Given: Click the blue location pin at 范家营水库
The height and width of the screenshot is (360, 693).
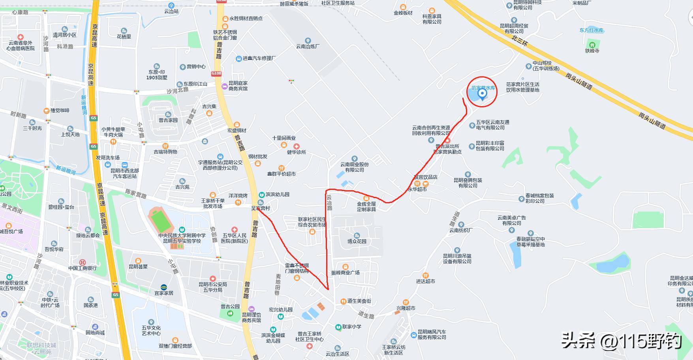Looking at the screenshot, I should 482,94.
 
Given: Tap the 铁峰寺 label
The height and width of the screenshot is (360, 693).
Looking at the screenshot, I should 592,51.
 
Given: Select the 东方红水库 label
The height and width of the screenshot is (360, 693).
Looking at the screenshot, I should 591,30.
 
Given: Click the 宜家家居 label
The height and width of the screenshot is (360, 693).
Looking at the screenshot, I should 164,293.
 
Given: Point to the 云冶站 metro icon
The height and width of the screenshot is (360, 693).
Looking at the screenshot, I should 171,6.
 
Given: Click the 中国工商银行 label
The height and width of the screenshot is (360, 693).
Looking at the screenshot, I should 82,268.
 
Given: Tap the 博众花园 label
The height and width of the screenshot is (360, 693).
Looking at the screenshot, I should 357,241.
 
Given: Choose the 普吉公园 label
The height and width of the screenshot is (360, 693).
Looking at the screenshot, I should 230,306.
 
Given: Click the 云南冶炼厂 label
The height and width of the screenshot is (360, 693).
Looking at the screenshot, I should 308,46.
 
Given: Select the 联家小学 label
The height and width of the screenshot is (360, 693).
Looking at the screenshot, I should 351,327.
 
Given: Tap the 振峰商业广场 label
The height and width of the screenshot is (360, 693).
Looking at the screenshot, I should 345,273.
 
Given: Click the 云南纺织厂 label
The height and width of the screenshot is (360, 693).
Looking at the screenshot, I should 461,230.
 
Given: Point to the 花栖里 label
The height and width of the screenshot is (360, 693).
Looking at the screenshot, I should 124,37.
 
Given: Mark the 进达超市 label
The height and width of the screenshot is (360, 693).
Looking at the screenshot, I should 425,281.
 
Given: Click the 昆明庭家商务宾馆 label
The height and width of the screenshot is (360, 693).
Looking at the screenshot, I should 238,86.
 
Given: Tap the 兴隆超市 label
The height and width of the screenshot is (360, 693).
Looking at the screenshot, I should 406,308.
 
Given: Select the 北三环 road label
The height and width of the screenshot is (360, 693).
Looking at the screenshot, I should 519,41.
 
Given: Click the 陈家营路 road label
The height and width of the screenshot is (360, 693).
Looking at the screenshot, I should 135,193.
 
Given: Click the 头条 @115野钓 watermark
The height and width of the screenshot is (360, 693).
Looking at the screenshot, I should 622,340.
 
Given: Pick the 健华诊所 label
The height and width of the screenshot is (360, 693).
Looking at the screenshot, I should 297,152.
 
